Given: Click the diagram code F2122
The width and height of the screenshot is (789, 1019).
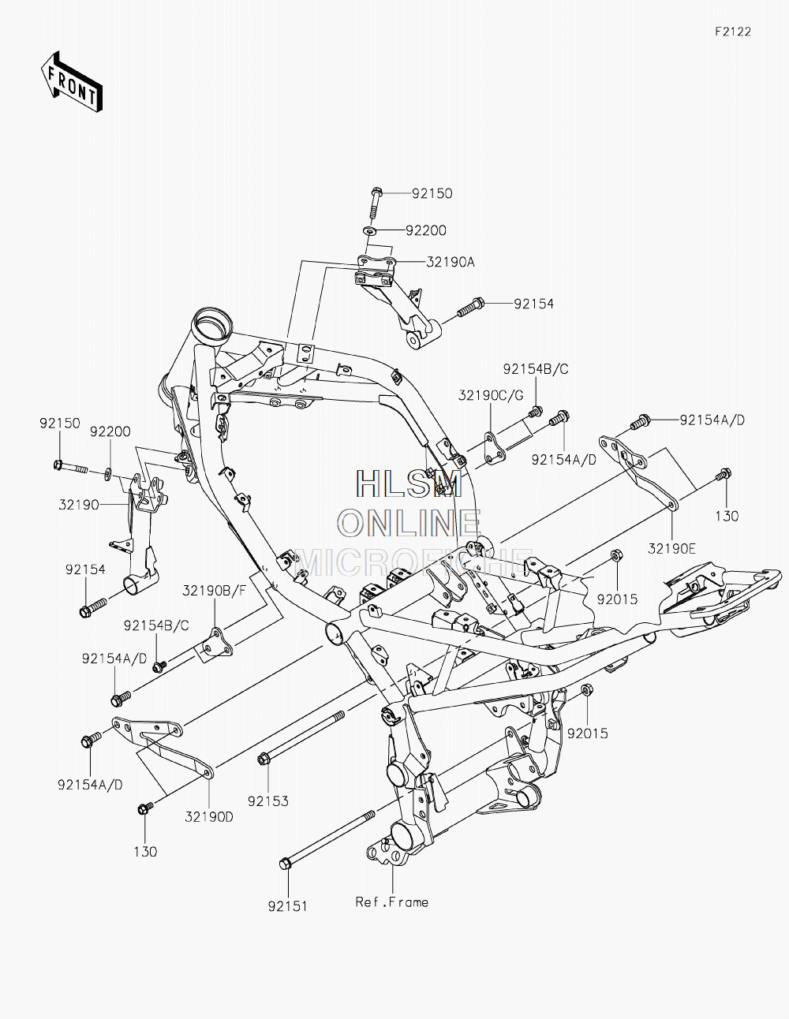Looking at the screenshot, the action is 733,32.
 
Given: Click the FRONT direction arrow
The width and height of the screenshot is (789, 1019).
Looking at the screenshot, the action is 71,81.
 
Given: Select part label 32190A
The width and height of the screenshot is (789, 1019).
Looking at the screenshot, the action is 451,262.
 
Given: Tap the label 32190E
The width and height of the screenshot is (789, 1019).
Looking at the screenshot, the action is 671,548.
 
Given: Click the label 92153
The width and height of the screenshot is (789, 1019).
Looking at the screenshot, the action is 267,801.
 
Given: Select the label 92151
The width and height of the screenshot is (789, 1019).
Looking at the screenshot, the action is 287,906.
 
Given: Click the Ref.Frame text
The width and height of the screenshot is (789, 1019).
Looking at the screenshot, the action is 391,902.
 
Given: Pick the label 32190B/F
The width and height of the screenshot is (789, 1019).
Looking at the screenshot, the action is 214,591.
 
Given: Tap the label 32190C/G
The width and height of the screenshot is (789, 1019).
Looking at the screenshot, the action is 491,395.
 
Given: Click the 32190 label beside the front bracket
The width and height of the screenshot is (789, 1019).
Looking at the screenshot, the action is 79,505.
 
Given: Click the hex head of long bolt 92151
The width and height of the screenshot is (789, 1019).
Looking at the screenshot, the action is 285,864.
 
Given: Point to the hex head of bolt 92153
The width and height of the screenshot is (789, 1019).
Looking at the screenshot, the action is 264,759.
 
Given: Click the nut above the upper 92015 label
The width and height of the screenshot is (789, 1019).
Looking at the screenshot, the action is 616,555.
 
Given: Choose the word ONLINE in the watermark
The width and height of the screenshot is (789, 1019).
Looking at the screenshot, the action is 409,523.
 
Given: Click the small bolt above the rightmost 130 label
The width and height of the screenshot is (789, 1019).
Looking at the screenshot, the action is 723,474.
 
